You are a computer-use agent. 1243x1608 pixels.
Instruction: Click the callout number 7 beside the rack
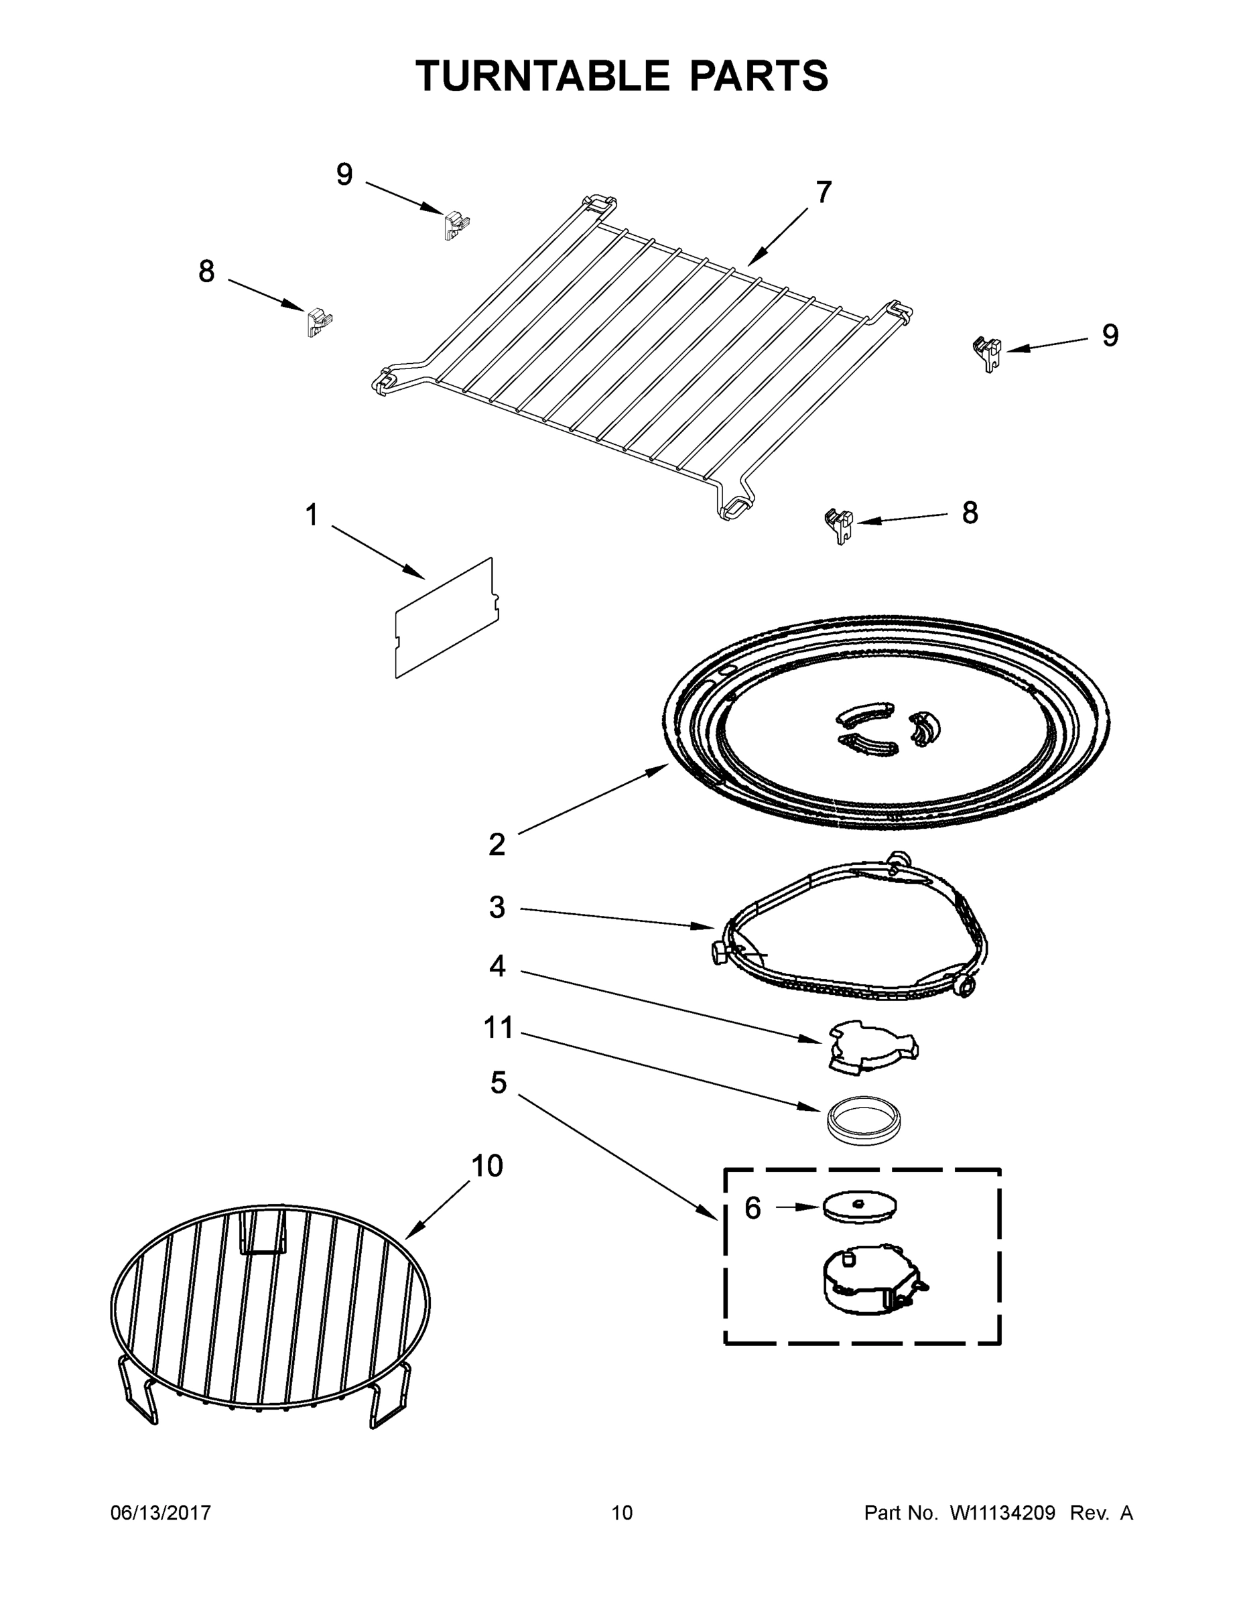click(x=824, y=193)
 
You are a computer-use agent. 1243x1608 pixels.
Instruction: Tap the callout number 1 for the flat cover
click(x=312, y=515)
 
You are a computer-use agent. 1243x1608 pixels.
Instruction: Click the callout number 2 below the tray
click(x=497, y=844)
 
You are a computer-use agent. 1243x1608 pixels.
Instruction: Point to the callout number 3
click(x=497, y=908)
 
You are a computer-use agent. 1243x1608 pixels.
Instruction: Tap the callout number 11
click(x=498, y=1027)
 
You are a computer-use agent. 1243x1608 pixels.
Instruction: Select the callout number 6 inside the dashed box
click(x=752, y=1208)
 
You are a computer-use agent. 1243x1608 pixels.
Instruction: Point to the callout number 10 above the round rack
click(x=486, y=1166)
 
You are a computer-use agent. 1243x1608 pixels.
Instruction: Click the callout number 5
click(x=499, y=1083)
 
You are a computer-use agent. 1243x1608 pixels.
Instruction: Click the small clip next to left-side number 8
click(x=319, y=321)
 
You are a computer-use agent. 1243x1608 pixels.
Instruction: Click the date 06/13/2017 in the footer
click(x=161, y=1513)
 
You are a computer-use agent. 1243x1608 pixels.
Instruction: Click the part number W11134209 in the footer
click(x=1002, y=1513)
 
